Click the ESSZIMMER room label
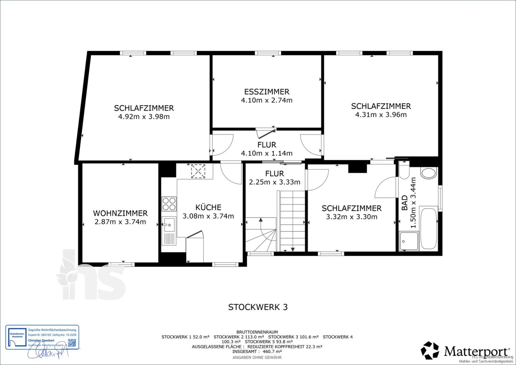267,92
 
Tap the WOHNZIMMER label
120,213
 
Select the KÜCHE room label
208,207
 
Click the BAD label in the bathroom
404,203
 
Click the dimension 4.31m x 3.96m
381,115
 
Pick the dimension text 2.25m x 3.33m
274,182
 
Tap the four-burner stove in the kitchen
169,204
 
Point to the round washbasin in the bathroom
429,173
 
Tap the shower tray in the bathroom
409,241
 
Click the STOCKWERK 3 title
258,307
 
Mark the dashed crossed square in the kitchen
198,171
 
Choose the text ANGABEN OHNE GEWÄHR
257,357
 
